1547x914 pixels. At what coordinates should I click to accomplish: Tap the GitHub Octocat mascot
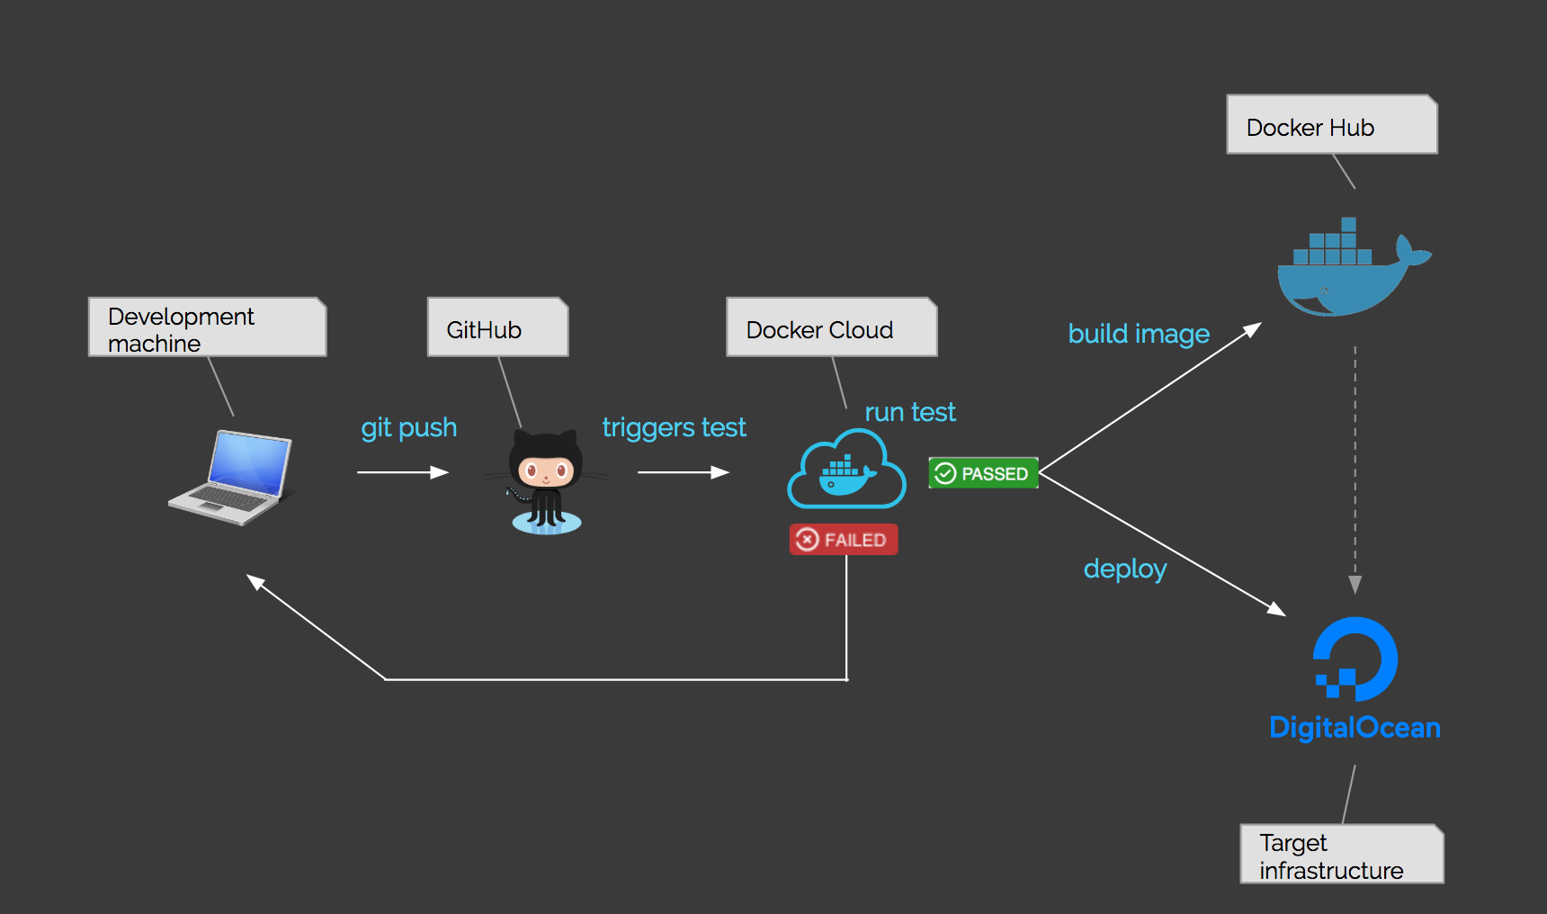pos(546,482)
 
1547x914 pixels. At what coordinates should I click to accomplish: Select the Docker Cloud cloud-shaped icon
pos(846,470)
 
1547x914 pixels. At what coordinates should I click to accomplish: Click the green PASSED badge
pos(983,473)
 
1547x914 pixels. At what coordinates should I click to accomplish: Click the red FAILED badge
pos(844,540)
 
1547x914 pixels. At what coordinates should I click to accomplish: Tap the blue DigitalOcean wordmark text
pos(1355,727)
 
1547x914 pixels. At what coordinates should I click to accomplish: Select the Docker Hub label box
pos(1331,125)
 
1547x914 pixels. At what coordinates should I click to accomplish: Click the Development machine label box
pos(207,327)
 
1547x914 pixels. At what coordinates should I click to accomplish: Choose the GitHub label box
pos(497,328)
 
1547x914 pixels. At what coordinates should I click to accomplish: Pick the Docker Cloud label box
pos(831,328)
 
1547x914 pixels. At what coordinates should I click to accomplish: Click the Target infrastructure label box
pos(1341,855)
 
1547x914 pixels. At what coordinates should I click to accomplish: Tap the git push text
pos(409,427)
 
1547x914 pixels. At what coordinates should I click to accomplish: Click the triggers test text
pos(674,427)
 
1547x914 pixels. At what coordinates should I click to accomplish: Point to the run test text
pos(909,412)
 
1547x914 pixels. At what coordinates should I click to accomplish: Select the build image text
pos(1139,334)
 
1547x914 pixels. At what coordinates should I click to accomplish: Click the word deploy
pos(1124,569)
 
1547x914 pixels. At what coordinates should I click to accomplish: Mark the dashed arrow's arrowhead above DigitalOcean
pos(1355,585)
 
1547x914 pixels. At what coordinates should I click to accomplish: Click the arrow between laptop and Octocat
pos(403,472)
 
